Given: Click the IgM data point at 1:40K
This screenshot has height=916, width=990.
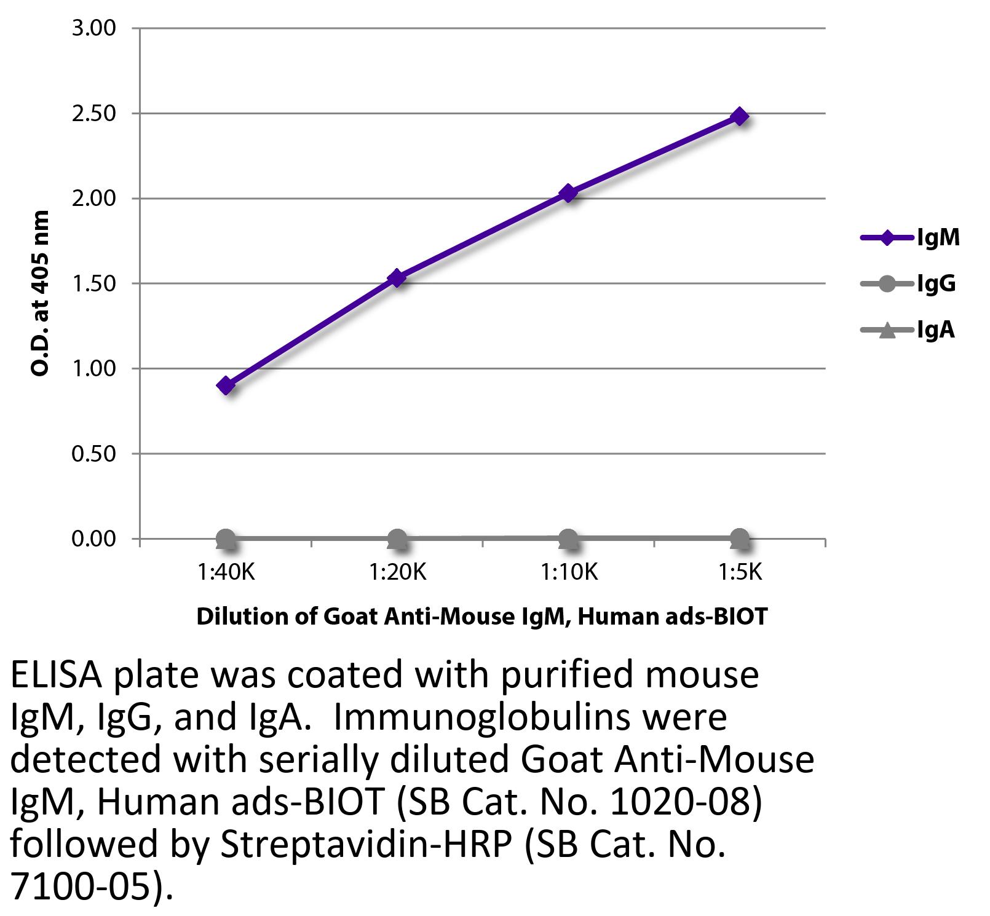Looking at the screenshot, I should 226,386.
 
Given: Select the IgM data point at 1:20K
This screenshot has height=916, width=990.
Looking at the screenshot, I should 397,278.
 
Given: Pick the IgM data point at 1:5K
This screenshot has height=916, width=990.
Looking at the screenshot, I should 740,116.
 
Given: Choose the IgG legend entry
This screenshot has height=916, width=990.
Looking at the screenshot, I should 909,284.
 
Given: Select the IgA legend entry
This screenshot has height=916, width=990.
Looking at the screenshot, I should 908,331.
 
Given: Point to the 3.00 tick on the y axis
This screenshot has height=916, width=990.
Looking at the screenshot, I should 93,28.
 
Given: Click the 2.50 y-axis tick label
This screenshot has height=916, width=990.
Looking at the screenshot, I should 93,114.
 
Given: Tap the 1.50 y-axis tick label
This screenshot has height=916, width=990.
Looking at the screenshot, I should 93,283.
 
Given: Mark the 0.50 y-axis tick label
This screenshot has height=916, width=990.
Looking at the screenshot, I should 93,454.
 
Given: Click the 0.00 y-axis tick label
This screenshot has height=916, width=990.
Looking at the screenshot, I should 93,539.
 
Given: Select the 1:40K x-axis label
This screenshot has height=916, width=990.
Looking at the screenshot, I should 226,573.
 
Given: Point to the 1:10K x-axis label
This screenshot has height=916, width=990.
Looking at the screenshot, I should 569,573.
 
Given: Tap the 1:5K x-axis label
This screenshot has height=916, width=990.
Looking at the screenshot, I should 740,573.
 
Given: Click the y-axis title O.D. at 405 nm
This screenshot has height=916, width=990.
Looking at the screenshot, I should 40,293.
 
